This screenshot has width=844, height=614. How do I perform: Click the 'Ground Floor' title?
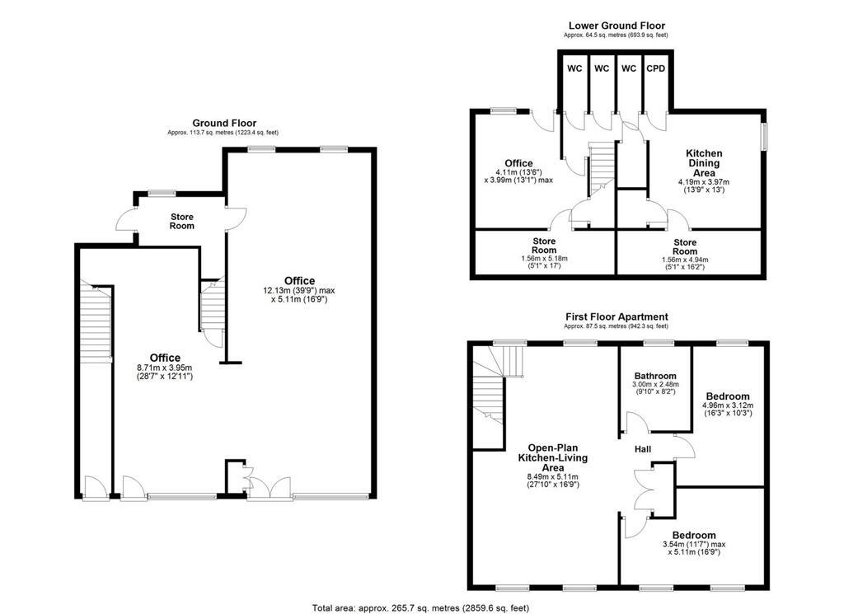point(224,124)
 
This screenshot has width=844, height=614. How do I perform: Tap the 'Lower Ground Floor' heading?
point(617,26)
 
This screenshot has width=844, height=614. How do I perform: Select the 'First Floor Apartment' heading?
point(617,317)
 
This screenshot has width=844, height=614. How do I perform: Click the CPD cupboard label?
point(655,68)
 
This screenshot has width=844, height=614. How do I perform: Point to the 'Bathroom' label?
point(655,376)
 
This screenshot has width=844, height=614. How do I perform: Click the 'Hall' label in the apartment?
point(643,449)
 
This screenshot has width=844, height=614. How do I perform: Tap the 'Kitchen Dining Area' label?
point(704,163)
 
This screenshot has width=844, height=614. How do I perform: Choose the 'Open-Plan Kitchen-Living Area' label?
point(553,458)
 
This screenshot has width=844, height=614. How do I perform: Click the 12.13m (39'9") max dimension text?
point(298,291)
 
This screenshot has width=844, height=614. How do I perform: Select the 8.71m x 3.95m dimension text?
point(165,368)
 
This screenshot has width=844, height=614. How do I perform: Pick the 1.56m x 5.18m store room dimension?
point(544,259)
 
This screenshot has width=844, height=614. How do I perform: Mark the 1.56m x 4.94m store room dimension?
point(685,260)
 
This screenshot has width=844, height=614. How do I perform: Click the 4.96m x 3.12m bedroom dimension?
point(728,405)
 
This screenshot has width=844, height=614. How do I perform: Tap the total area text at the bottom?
point(421,608)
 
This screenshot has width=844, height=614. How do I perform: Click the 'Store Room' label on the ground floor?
point(182,221)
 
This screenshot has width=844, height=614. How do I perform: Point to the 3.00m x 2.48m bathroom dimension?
point(655,384)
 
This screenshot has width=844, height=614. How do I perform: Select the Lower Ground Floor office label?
point(519,163)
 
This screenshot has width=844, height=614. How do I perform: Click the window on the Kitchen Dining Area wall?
point(764,137)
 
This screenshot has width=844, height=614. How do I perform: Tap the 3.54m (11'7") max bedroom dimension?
point(694,545)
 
